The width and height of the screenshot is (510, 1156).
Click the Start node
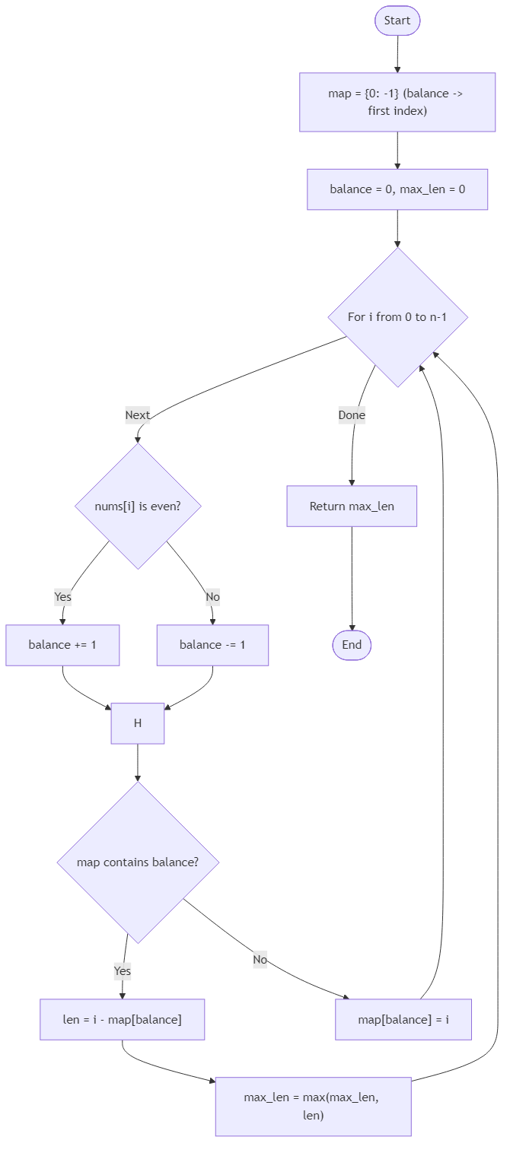pyautogui.click(x=397, y=21)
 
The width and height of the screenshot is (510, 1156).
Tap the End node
pyautogui.click(x=352, y=645)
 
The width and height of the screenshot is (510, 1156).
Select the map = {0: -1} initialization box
pyautogui.click(x=397, y=102)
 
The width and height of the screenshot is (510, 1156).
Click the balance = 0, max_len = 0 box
pyautogui.click(x=397, y=189)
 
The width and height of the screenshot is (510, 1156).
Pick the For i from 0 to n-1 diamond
pyautogui.click(x=397, y=317)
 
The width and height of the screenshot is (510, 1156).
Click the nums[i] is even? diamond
pyautogui.click(x=138, y=506)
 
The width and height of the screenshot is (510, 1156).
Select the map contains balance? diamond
pyautogui.click(x=138, y=862)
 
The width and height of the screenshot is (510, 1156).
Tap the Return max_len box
pyautogui.click(x=352, y=506)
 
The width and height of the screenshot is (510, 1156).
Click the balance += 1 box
pyautogui.click(x=62, y=645)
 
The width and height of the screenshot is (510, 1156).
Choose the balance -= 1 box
pyautogui.click(x=212, y=645)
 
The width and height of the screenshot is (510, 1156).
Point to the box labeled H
pyautogui.click(x=138, y=723)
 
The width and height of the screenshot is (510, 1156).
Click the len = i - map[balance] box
pyautogui.click(x=122, y=1019)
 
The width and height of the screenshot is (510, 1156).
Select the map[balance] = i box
pyautogui.click(x=403, y=1019)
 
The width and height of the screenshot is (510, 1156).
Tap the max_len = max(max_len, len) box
pyautogui.click(x=313, y=1107)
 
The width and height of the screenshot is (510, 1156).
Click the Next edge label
pyautogui.click(x=138, y=415)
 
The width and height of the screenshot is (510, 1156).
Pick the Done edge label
pyautogui.click(x=352, y=415)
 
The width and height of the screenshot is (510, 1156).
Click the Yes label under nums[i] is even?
pyautogui.click(x=62, y=597)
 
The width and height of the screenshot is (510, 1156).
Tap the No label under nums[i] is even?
pyautogui.click(x=212, y=597)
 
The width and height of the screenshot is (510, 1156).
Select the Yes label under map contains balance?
pyautogui.click(x=122, y=971)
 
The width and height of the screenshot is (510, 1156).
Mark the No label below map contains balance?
pyautogui.click(x=260, y=960)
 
